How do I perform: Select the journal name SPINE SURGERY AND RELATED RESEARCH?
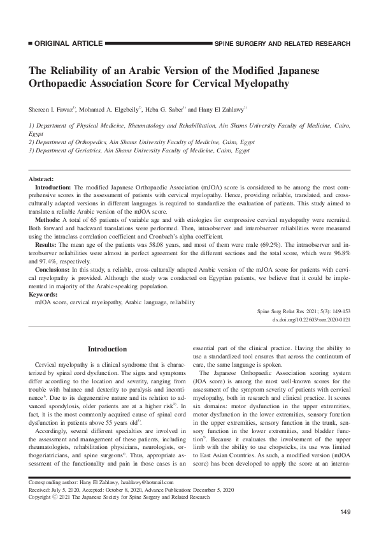click(x=283, y=44)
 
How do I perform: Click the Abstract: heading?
click(x=41, y=180)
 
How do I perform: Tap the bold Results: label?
click(x=48, y=244)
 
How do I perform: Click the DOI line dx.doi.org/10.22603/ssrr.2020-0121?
click(x=311, y=318)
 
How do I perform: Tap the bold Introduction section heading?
click(x=107, y=349)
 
